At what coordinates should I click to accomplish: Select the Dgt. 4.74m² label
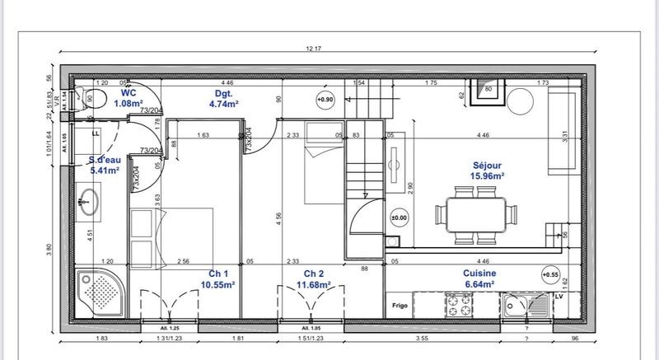[222, 100]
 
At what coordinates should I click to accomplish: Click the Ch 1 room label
[219, 279]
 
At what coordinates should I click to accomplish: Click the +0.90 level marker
[325, 100]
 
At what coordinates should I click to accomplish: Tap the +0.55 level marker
[549, 274]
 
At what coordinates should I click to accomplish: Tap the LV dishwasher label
[559, 295]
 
